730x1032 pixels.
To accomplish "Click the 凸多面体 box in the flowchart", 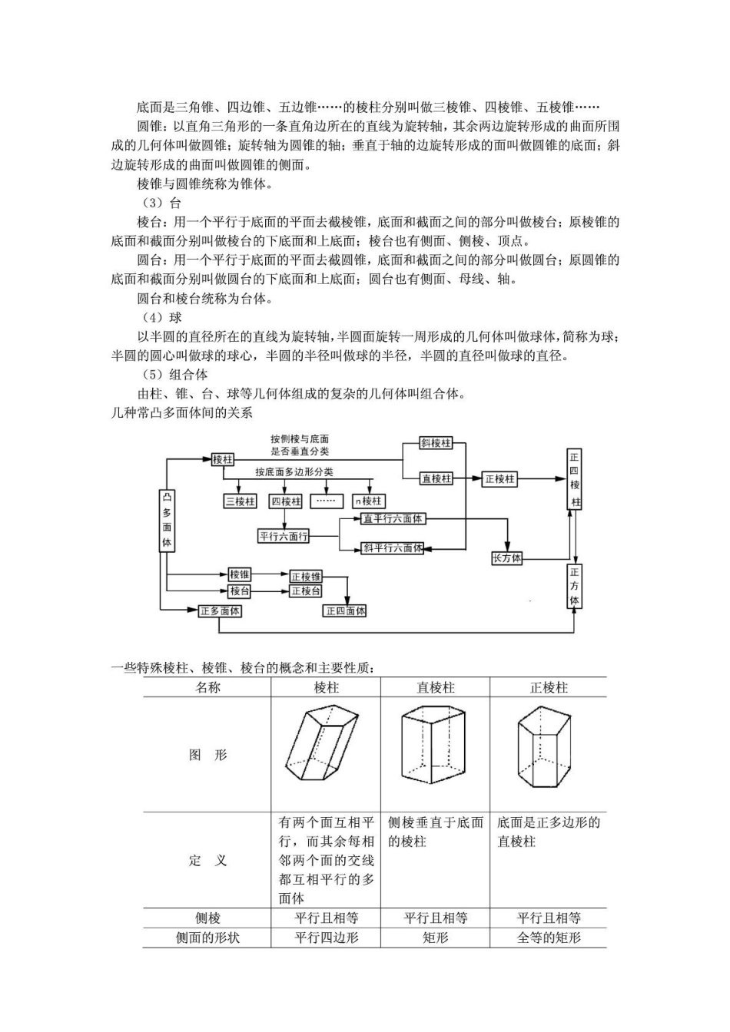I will point(167,520).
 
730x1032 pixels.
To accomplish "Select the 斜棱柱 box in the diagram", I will point(436,443).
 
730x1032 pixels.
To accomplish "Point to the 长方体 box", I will point(506,558).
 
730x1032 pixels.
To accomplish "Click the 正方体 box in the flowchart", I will point(575,586).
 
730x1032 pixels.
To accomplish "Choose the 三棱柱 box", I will point(240,501).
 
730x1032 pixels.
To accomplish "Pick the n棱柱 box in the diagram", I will point(368,501).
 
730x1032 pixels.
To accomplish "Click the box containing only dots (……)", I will point(327,501).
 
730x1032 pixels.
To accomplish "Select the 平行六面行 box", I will point(284,536).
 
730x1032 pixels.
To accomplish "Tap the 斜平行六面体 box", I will point(393,548).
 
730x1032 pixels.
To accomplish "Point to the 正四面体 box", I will point(346,611).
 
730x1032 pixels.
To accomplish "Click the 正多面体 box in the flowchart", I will point(220,611).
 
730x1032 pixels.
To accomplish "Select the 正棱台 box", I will point(306,591).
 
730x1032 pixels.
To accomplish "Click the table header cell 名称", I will point(207,687).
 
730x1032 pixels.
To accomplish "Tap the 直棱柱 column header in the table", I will point(436,687).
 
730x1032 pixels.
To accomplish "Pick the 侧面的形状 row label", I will point(207,938).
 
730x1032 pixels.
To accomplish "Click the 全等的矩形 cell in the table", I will point(549,938).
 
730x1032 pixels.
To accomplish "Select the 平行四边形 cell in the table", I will point(327,938).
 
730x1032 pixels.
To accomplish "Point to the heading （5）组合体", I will point(175,375).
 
